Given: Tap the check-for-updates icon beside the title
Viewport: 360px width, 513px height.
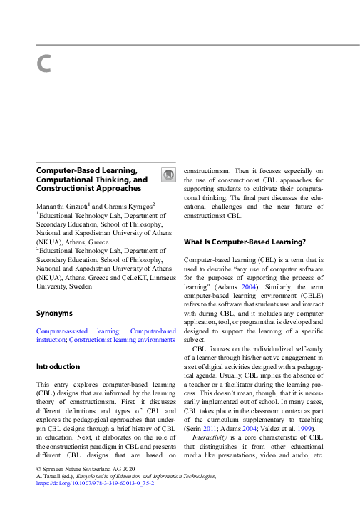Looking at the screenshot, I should pyautogui.click(x=166, y=175).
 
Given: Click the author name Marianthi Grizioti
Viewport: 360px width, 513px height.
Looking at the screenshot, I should pyautogui.click(x=61, y=205).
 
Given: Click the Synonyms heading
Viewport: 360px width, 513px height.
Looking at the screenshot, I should pyautogui.click(x=54, y=313).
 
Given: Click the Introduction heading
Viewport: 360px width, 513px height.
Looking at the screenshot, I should pyautogui.click(x=58, y=366).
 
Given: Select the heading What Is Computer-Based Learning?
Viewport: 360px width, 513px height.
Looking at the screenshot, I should pyautogui.click(x=245, y=242).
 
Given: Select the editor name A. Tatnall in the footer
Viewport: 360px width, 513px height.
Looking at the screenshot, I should pyautogui.click(x=50, y=475).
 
